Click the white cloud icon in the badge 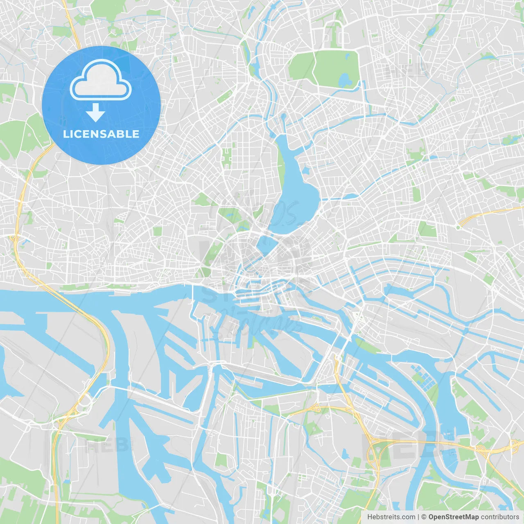point(101,81)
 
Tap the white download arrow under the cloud point(96,112)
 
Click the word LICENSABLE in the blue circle point(101,134)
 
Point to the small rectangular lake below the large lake point(266,245)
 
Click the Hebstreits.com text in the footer point(391,517)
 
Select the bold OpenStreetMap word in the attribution point(453,517)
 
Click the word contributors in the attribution point(500,517)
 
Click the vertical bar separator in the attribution point(418,517)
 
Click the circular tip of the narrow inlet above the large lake point(283,117)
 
